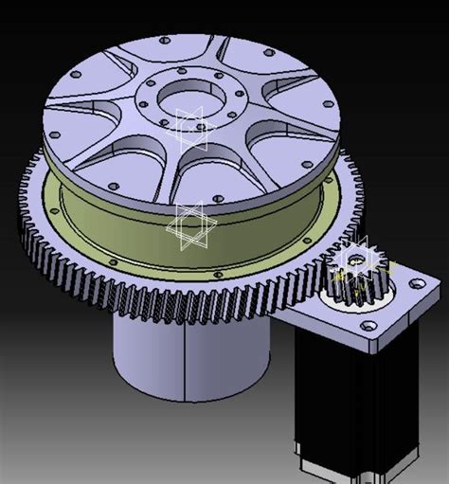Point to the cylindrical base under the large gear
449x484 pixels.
pos(189,355)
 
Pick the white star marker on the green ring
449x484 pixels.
pos(189,227)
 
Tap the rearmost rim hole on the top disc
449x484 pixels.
pos(165,41)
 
